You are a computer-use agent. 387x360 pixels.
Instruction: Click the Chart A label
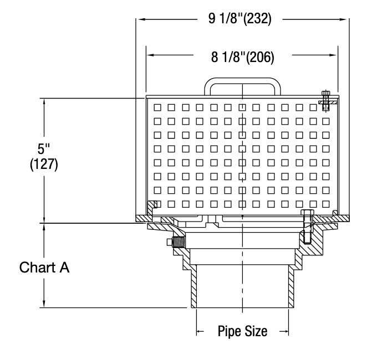44,268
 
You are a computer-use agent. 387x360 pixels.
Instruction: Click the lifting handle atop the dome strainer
241,81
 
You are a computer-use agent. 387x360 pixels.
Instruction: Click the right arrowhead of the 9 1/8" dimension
344,19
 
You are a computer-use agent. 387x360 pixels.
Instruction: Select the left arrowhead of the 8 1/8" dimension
150,56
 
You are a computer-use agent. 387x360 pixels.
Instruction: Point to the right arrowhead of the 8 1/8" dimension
334,56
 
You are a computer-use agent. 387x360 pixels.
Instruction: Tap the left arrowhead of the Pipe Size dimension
200,331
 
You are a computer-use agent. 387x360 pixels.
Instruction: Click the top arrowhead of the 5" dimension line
43,102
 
